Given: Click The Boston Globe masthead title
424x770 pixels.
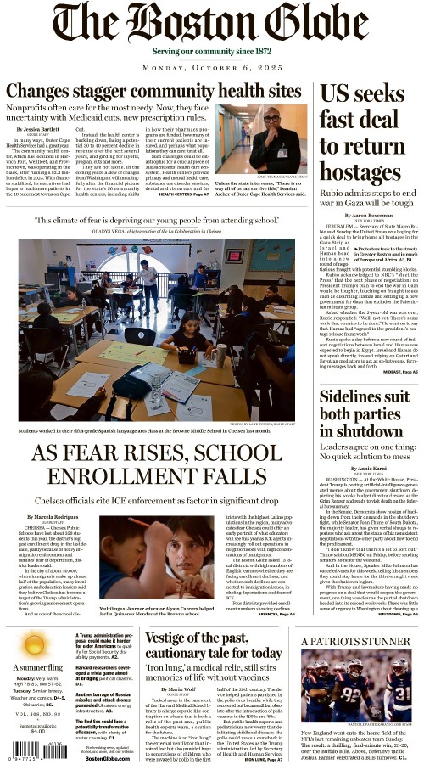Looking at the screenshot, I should tap(211, 26).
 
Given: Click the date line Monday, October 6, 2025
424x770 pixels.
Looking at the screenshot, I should tap(211, 67).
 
